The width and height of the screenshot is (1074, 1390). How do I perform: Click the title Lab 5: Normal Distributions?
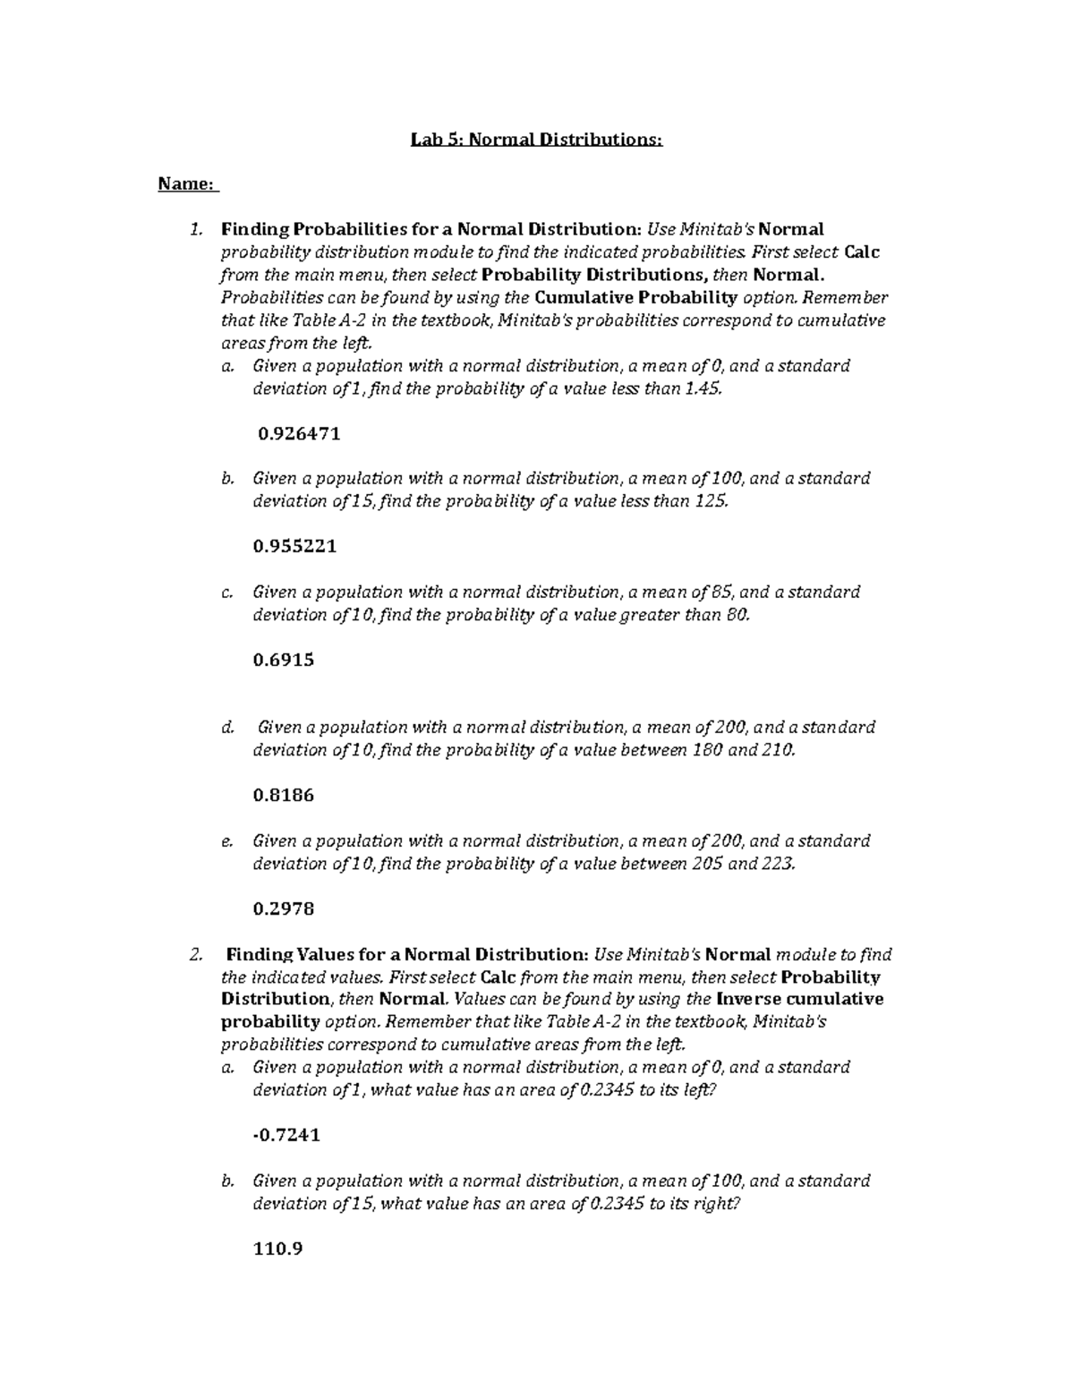tap(536, 140)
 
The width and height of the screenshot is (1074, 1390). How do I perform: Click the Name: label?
tap(187, 184)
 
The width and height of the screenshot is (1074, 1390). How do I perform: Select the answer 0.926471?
tap(298, 434)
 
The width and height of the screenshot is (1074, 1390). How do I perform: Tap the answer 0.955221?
tap(295, 546)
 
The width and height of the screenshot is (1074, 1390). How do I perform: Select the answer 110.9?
tap(278, 1249)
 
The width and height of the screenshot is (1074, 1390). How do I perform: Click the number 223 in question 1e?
tap(776, 864)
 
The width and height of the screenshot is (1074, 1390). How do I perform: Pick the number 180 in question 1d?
tap(709, 750)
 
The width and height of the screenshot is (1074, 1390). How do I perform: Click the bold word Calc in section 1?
tap(862, 252)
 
